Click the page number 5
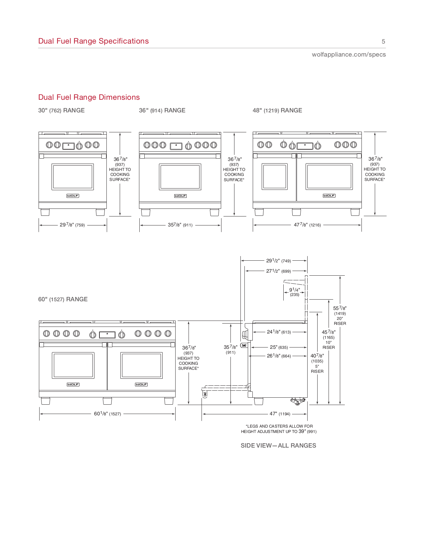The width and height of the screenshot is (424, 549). (x=383, y=42)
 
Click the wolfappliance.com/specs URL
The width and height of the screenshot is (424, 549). (x=349, y=55)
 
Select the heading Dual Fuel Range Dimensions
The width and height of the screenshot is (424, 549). (x=89, y=97)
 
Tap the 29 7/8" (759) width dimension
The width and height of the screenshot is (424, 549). (x=72, y=225)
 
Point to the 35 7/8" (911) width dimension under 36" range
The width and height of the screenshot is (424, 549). (x=180, y=225)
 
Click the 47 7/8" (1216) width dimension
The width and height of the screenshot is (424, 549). (x=307, y=225)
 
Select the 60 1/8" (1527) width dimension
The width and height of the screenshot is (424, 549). (x=107, y=414)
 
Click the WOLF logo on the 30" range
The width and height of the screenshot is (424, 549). (x=72, y=196)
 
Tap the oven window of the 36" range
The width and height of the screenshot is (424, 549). (x=180, y=177)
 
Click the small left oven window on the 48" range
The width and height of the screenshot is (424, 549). (x=274, y=177)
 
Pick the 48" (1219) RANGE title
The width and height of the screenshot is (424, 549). (x=277, y=110)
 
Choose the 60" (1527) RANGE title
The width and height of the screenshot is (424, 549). (x=63, y=299)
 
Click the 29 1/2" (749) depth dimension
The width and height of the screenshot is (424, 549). (x=278, y=261)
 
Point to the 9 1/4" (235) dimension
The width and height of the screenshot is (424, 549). (x=294, y=292)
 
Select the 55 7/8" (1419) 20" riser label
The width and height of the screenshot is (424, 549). (x=340, y=316)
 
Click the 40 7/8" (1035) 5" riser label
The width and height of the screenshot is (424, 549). (x=317, y=363)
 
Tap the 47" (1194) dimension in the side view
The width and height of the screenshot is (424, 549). (x=280, y=414)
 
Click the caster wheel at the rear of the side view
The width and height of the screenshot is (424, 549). (x=298, y=401)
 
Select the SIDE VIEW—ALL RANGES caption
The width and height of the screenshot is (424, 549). (x=278, y=446)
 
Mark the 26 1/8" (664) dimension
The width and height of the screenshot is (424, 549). (x=279, y=356)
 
